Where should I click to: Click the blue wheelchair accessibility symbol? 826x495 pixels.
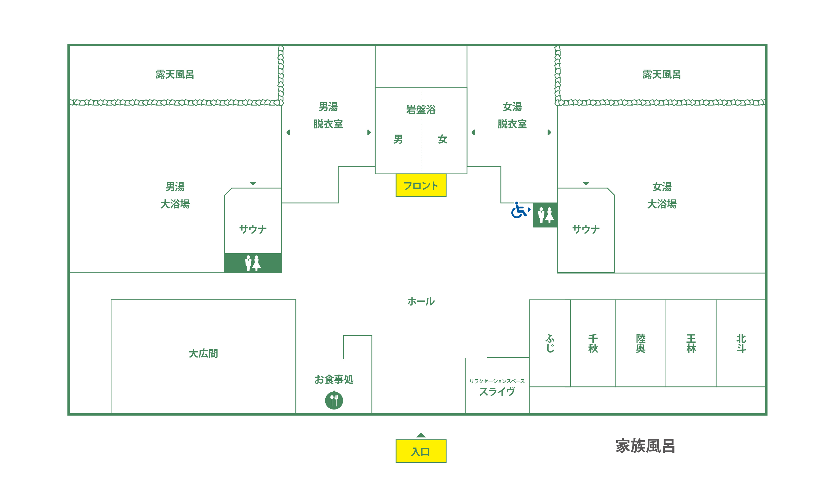pyautogui.click(x=520, y=210)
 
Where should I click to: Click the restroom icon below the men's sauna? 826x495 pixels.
pyautogui.click(x=253, y=263)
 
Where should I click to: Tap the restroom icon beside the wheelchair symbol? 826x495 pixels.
pyautogui.click(x=545, y=215)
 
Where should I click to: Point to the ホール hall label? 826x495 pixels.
pyautogui.click(x=421, y=301)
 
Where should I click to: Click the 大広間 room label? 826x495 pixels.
pyautogui.click(x=203, y=353)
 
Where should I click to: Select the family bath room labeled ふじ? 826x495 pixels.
pyautogui.click(x=550, y=343)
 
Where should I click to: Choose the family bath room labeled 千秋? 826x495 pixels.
pyautogui.click(x=593, y=343)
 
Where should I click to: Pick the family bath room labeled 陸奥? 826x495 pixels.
pyautogui.click(x=641, y=343)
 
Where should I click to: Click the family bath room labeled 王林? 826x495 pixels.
pyautogui.click(x=691, y=343)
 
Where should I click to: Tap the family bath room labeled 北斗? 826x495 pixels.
pyautogui.click(x=740, y=343)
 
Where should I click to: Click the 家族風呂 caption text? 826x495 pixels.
pyautogui.click(x=645, y=446)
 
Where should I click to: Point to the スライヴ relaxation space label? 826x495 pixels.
pyautogui.click(x=497, y=391)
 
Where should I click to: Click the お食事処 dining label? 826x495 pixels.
pyautogui.click(x=334, y=379)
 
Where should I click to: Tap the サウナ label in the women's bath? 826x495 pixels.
pyautogui.click(x=586, y=229)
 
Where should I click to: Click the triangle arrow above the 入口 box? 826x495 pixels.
pyautogui.click(x=421, y=435)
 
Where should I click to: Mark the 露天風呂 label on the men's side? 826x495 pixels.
pyautogui.click(x=175, y=74)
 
